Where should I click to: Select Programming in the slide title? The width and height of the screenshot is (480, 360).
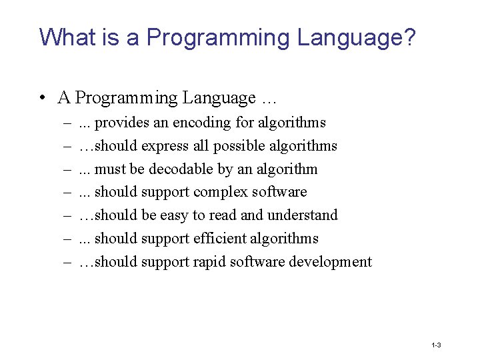point(219,37)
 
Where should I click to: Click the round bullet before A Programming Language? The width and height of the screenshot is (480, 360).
point(42,98)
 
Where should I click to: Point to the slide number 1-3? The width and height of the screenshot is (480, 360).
point(436,345)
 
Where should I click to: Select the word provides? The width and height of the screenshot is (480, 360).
point(123,123)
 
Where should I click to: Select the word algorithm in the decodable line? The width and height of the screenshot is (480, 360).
point(287,169)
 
